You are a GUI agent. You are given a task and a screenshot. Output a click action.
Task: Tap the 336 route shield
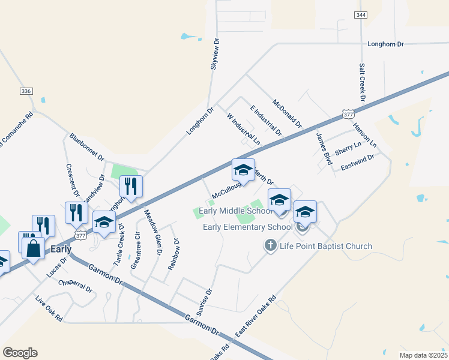tap(26, 91)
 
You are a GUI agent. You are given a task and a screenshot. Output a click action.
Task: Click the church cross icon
tap(270, 245)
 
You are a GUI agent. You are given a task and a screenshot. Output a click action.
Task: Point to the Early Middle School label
tap(235, 211)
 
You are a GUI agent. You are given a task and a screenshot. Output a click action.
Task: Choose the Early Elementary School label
tap(247, 227)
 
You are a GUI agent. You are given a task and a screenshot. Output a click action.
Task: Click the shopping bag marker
tap(34, 247)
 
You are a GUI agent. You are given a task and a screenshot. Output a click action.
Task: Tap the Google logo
tap(20, 353)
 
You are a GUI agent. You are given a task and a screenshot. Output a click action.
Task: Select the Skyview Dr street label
tap(215, 55)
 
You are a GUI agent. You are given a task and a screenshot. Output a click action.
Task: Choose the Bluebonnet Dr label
tap(86, 145)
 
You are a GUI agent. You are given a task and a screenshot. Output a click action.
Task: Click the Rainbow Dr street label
tap(174, 255)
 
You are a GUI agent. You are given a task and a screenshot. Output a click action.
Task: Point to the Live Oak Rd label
tap(49, 309)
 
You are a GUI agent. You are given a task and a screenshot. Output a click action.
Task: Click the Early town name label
tap(61, 248)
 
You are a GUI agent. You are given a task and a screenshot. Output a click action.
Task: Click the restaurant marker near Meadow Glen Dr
tap(130, 187)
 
